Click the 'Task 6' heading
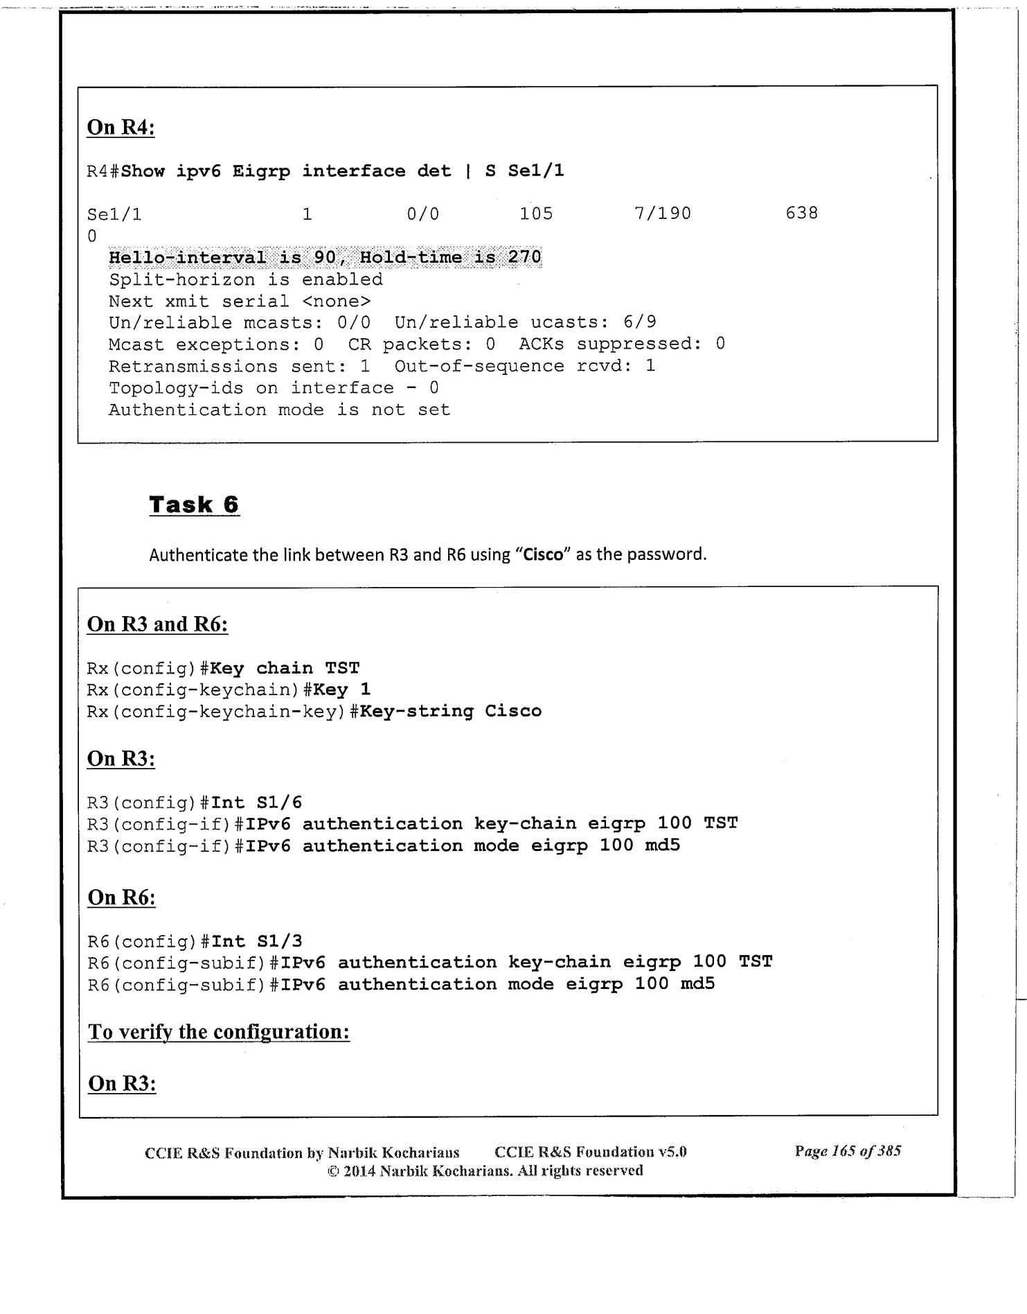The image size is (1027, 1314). coord(194,505)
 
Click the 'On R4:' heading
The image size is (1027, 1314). coord(120,128)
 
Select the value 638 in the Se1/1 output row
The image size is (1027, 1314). coord(801,213)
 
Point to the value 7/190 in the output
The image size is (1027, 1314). coord(663,213)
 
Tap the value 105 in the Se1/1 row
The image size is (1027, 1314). coord(536,213)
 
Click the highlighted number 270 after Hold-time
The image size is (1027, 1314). coord(524,258)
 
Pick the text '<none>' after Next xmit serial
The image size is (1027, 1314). coord(337,301)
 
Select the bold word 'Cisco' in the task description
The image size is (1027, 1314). coord(543,555)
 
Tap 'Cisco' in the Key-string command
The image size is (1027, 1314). coord(513,711)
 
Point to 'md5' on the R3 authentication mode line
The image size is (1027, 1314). coord(662,846)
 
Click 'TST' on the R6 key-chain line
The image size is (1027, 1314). coord(756,962)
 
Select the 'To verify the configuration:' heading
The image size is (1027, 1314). coord(219,1032)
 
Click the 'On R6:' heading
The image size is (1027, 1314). coord(121,897)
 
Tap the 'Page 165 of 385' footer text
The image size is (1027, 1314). coord(848,1152)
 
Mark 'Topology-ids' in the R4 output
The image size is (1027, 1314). coord(176,388)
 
